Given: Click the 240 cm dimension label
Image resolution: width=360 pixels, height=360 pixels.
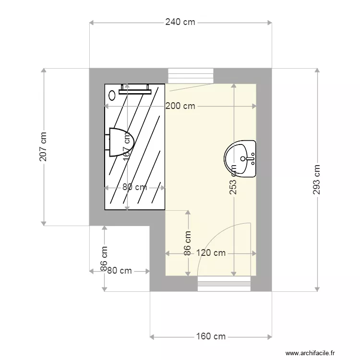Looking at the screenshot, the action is pos(180,22).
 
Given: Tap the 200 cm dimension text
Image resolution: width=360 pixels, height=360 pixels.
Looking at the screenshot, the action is pos(180,106).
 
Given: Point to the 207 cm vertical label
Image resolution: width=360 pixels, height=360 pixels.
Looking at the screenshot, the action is pos(43,147).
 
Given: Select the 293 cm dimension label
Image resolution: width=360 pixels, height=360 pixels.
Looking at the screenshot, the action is pos(316,180).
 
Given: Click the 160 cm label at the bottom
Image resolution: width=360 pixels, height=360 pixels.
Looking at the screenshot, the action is pos(211,336).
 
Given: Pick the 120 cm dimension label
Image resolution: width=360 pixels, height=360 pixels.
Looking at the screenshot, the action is pos(211,253).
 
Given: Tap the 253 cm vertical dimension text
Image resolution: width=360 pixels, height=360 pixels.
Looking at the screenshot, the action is pos(233,180).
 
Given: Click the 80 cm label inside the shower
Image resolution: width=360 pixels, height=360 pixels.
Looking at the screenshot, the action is pos(134,187).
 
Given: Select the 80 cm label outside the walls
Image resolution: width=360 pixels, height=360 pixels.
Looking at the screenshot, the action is pos(120,271).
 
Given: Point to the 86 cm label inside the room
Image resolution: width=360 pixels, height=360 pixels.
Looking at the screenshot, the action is pos(188,243).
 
